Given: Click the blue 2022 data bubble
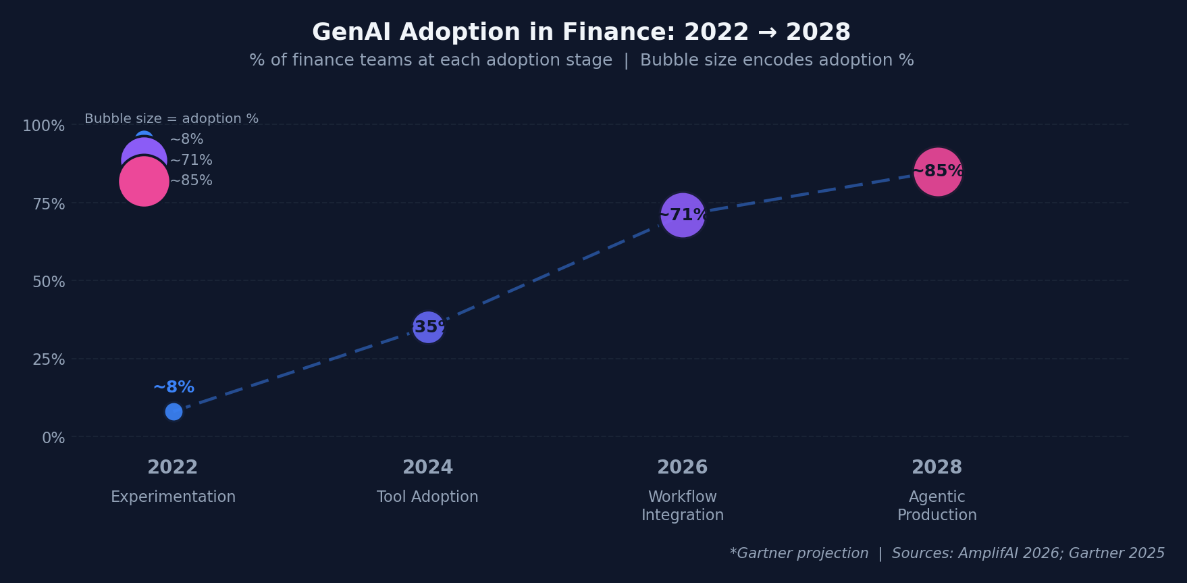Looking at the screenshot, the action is coord(174,411).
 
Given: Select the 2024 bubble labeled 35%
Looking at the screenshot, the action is coord(428,327).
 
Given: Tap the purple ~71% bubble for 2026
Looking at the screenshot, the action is coord(683,216).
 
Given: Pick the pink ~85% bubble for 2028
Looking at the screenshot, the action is coord(937,172).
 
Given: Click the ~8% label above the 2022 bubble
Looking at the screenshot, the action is coord(174,387).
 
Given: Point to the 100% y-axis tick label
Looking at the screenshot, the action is coord(44,126).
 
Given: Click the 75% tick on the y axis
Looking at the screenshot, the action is coord(49,204).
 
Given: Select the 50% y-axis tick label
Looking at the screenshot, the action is coord(49,282).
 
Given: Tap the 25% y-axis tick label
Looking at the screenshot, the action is coord(49,359).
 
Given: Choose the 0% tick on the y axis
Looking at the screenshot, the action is coord(53,438).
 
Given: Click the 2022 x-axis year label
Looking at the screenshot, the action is coord(173,467).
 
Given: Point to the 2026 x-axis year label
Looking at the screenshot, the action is coord(683,467).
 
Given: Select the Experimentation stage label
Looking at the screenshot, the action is coord(174,497).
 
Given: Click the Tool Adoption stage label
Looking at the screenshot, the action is coord(427,497).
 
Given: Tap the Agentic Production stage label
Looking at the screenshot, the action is coord(937,506).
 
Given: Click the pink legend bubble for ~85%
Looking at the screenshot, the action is coord(144,181).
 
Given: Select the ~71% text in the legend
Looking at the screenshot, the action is coord(191,160).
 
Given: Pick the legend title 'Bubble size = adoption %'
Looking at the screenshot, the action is coord(172,119).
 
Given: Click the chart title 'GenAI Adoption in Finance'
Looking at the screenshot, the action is coord(496,32).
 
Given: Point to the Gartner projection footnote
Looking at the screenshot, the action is coord(799,553).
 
